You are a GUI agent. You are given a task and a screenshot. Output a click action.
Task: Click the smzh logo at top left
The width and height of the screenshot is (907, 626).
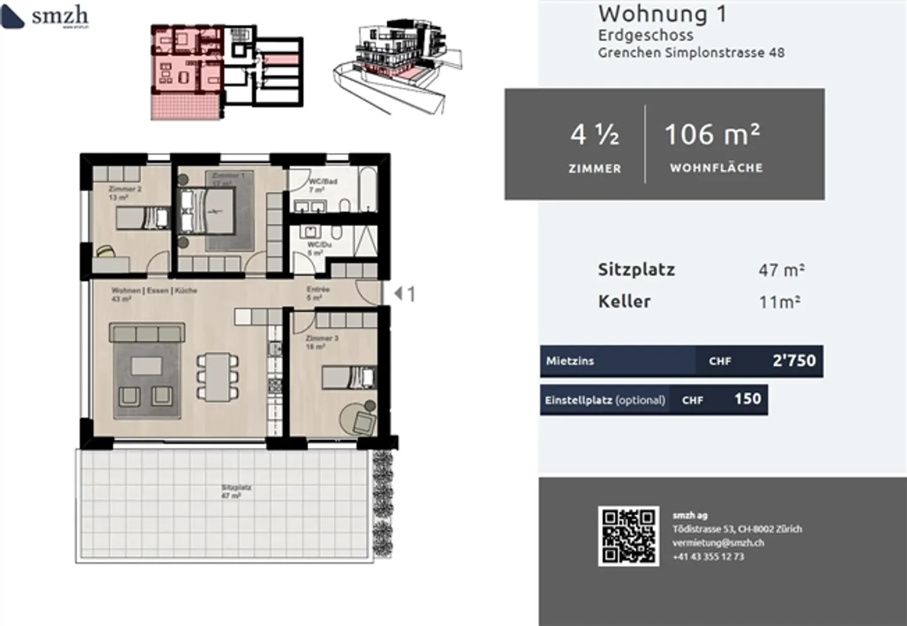coord(45,16)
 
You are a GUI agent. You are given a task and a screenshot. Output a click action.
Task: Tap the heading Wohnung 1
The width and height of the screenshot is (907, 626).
coord(662,14)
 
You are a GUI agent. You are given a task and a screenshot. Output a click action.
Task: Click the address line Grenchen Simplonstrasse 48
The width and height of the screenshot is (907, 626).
coord(691,53)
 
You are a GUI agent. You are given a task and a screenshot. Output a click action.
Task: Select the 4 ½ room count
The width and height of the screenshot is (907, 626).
coord(595,135)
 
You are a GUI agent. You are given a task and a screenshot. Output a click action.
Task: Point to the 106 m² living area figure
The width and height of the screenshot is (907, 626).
coord(712,135)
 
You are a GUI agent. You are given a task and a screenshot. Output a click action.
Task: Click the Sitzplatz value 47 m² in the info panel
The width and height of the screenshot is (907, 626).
coord(781,270)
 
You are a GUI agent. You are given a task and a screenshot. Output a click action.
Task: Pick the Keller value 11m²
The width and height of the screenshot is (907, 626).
coord(780,302)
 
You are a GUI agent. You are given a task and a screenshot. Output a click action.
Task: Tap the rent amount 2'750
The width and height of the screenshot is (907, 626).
coord(794,361)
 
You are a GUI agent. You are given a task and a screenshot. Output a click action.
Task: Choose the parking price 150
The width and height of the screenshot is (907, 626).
coord(748,399)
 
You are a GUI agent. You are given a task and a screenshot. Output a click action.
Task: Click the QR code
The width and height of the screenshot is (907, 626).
coord(629,536)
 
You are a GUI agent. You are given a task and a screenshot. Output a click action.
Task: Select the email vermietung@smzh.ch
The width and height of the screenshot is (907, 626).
coord(718,543)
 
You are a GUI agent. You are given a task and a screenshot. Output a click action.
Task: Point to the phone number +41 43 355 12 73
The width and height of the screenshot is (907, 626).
coord(708,557)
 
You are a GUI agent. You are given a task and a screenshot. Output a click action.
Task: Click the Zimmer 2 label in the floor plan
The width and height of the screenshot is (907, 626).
coord(125,189)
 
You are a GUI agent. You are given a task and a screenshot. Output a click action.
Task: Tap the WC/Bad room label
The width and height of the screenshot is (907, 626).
coord(322,181)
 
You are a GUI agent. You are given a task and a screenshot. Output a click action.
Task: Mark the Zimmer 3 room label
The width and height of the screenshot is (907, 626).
coord(322,339)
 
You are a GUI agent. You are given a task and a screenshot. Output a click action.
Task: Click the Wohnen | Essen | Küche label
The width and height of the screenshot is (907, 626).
coord(154,290)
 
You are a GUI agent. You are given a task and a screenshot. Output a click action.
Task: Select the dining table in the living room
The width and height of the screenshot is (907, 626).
coord(218,377)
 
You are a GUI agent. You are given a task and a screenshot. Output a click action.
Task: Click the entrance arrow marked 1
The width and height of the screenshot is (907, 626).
coord(404,293)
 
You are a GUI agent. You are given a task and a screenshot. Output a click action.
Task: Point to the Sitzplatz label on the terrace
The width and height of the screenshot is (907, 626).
coord(236,487)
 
